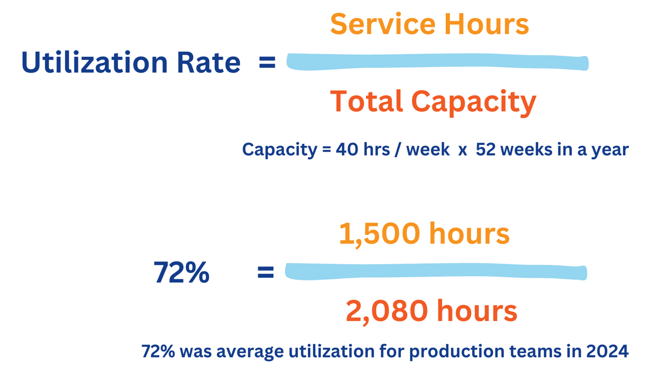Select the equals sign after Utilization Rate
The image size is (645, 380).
click(267, 63)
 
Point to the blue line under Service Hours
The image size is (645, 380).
click(437, 63)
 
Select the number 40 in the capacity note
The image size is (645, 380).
click(346, 149)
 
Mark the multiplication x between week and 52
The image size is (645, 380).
click(462, 150)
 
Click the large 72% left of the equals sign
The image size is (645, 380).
click(181, 273)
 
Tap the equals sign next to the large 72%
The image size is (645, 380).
click(266, 273)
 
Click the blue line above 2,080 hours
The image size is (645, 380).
click(436, 273)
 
